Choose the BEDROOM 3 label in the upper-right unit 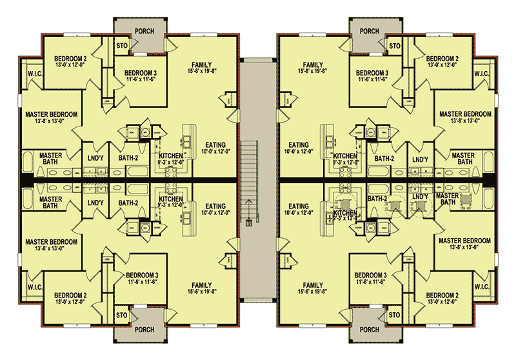click(x=372, y=72)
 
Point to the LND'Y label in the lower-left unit click(x=95, y=203)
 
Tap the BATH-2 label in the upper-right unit click(x=384, y=158)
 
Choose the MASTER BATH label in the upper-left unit click(x=50, y=159)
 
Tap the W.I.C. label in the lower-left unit click(x=32, y=286)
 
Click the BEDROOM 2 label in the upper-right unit click(x=442, y=59)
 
